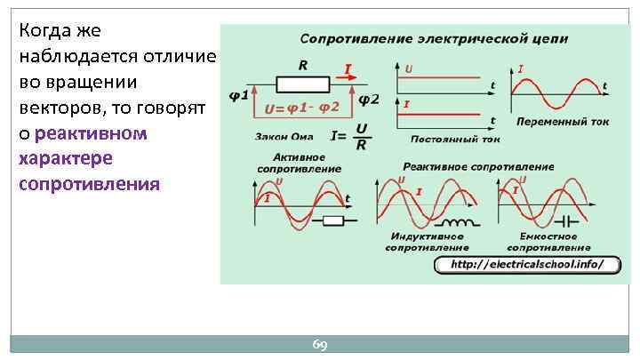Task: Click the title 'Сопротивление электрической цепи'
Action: click(x=434, y=39)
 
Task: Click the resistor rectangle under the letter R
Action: click(x=304, y=84)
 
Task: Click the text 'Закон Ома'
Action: click(x=276, y=138)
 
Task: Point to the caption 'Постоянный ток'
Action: click(x=455, y=139)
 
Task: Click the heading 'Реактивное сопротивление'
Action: click(x=478, y=166)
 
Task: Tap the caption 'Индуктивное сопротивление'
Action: click(x=428, y=242)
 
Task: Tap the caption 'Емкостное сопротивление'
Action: click(x=542, y=242)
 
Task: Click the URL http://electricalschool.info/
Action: click(x=527, y=265)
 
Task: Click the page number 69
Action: click(x=319, y=344)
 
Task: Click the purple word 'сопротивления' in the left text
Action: click(x=89, y=184)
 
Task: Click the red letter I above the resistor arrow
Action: click(x=347, y=68)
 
